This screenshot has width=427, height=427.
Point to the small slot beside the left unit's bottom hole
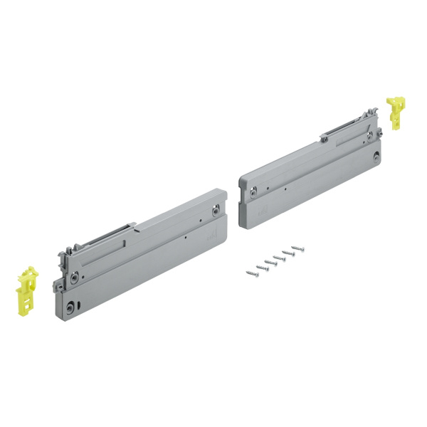tap(80, 305)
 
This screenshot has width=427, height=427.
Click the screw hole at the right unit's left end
tap(253, 190)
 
